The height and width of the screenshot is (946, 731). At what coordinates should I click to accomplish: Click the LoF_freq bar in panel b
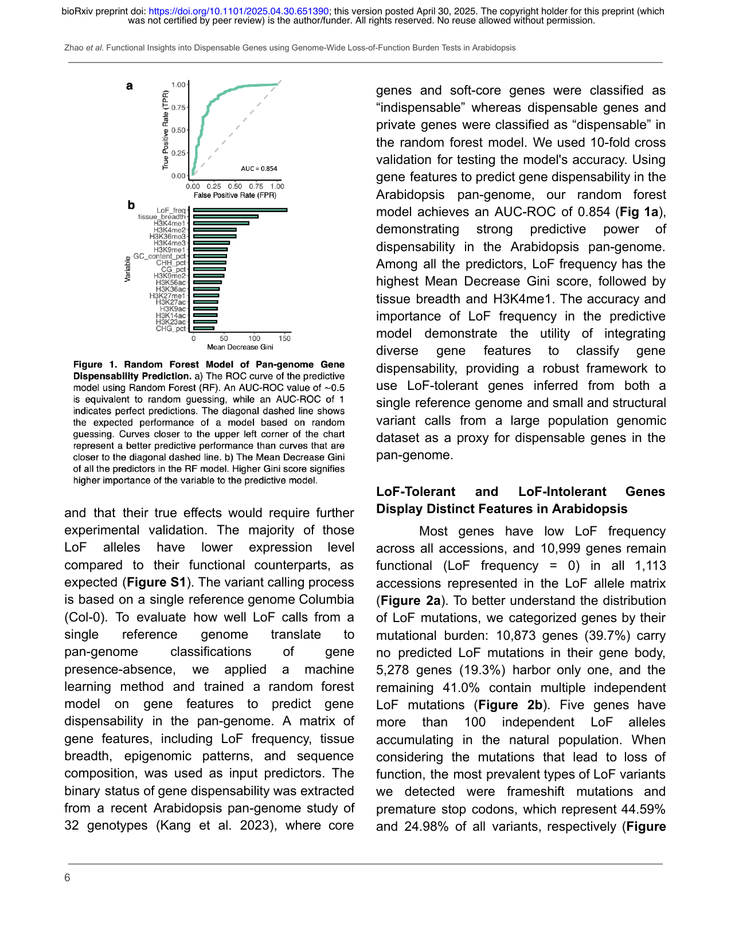click(240, 210)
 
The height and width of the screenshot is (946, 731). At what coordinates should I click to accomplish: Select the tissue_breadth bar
click(225, 217)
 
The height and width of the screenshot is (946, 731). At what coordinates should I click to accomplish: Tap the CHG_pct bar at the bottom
click(204, 329)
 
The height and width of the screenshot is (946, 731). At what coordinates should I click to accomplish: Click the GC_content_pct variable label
click(159, 256)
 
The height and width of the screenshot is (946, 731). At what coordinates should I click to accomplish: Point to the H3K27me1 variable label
click(167, 296)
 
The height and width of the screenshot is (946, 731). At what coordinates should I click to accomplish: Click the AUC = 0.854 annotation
click(259, 169)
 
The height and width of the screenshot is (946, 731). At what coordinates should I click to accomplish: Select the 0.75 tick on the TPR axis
click(178, 107)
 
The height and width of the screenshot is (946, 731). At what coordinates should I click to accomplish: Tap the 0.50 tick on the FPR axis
click(235, 186)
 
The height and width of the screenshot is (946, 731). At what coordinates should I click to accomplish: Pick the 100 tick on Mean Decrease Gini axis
click(255, 338)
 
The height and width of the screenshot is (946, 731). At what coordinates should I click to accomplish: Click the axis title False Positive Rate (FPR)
click(235, 195)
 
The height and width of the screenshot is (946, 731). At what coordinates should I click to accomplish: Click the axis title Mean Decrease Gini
click(240, 347)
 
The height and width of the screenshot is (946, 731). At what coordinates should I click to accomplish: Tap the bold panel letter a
click(130, 86)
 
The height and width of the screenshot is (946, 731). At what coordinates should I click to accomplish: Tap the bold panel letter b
click(131, 205)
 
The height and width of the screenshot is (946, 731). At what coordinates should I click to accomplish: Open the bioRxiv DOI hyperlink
click(239, 11)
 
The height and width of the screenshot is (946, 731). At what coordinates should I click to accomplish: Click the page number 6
click(67, 878)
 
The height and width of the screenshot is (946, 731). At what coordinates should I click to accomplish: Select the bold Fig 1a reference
click(639, 212)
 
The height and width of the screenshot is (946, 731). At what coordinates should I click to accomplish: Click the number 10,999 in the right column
click(561, 548)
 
